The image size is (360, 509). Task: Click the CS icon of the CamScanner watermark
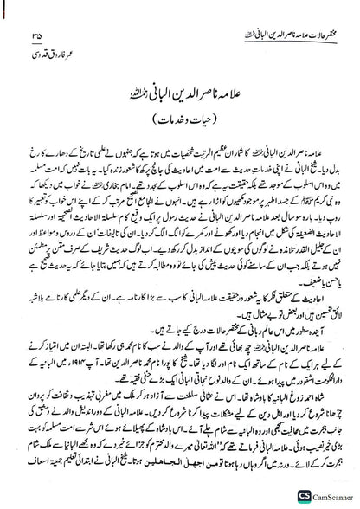pyautogui.click(x=294, y=495)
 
